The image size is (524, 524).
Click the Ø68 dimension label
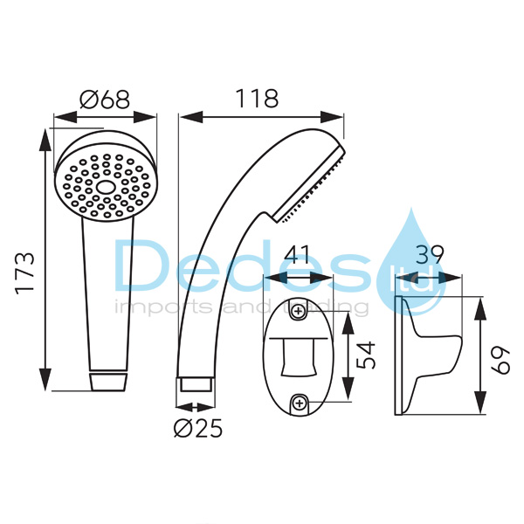pos(105,99)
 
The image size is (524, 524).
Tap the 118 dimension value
pos(257,98)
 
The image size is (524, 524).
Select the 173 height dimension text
pos(25,273)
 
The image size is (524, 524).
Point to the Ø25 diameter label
pos(198,428)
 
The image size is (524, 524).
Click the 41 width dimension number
pos(297,256)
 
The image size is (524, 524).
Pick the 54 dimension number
pos(365,355)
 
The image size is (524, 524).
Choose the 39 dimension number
pos(430,255)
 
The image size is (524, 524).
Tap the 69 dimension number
pos(500,360)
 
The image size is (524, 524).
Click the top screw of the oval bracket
pos(298,312)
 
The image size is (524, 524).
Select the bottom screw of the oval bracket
pos(300,403)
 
